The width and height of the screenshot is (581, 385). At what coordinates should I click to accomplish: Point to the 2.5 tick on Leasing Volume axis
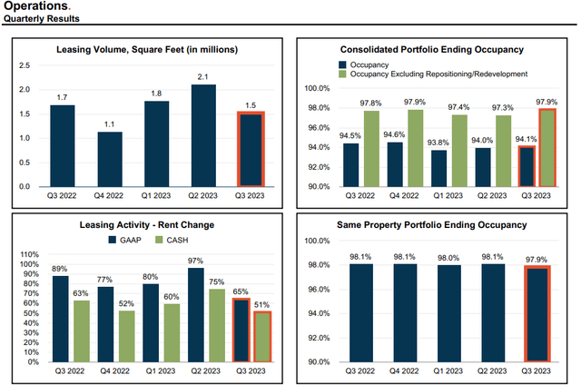[24, 65]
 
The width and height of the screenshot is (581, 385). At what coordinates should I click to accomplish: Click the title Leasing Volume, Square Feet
[143, 49]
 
